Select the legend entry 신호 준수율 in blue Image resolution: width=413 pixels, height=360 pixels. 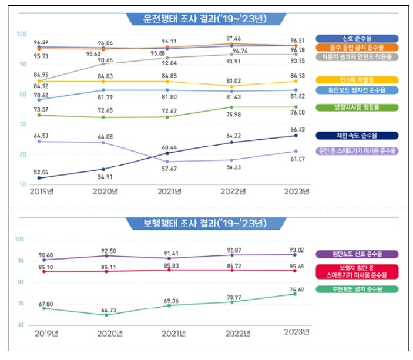[357, 38]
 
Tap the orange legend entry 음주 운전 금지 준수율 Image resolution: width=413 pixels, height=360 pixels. [357, 47]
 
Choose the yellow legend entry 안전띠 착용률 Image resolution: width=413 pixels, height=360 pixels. [357, 80]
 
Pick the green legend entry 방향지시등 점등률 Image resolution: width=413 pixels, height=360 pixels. [357, 107]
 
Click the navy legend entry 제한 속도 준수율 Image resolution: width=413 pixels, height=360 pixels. [357, 136]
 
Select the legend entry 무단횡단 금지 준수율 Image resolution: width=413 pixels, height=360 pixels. [357, 289]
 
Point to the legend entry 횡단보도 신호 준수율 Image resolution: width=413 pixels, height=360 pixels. [357, 254]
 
